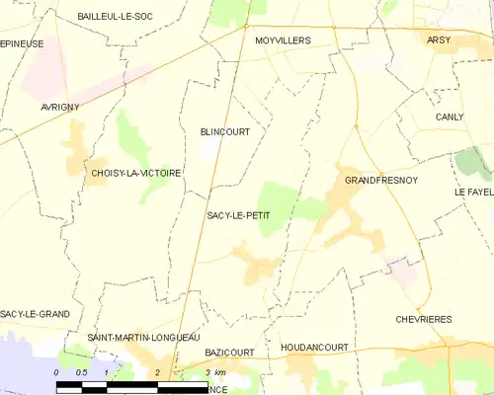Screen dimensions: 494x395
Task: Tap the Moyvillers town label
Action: [x=283, y=40]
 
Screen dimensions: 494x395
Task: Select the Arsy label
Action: [x=438, y=39]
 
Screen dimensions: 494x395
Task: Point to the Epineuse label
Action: [x=22, y=44]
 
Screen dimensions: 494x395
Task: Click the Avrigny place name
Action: [x=59, y=107]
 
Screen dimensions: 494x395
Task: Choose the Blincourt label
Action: [x=224, y=131]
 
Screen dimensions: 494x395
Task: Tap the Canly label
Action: [x=450, y=117]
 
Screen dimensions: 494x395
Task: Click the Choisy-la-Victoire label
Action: [x=135, y=173]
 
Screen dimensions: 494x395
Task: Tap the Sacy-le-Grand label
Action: [x=35, y=314]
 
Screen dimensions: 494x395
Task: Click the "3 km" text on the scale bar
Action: [x=215, y=372]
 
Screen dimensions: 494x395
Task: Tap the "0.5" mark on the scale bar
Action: [x=82, y=372]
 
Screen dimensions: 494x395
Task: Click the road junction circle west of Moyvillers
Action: [x=247, y=28]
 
